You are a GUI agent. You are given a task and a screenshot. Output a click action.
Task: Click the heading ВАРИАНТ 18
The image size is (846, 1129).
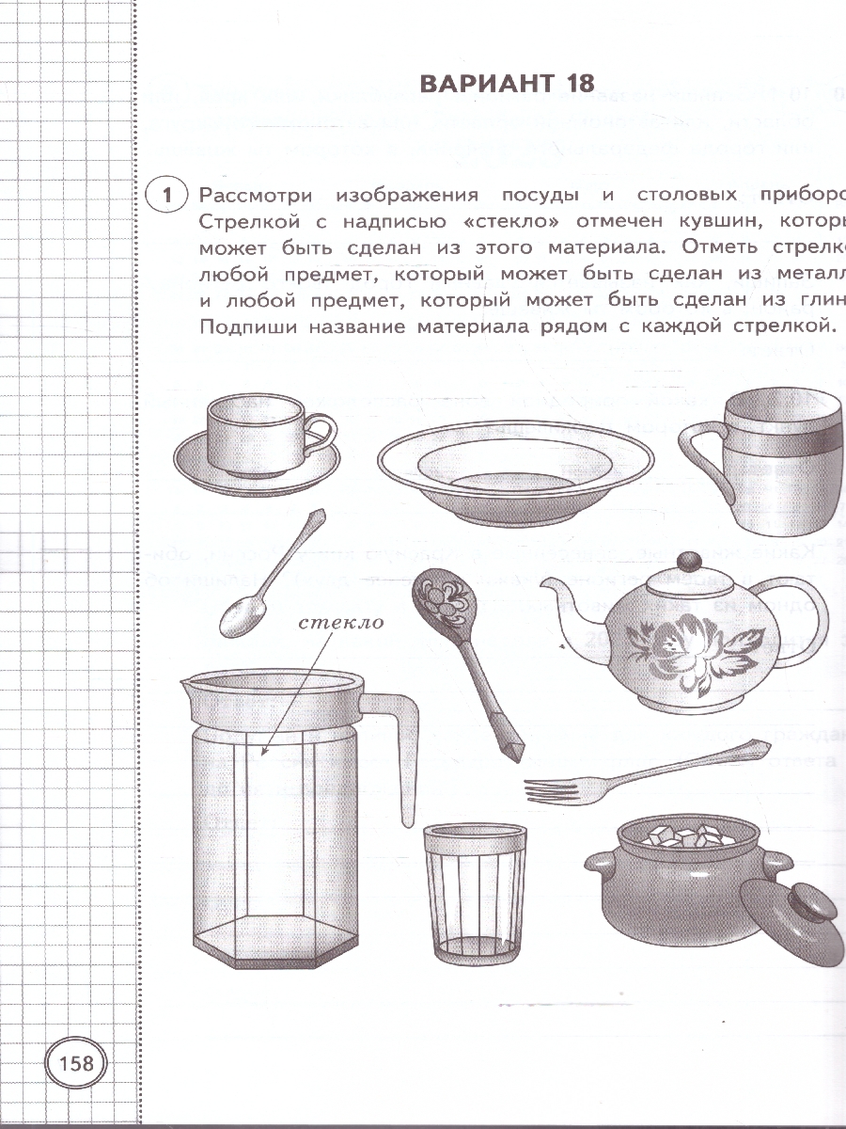click(x=507, y=83)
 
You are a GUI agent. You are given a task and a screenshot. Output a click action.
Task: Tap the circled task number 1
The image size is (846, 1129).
click(x=166, y=196)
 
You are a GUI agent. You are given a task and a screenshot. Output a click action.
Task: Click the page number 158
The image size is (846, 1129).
click(x=76, y=1063)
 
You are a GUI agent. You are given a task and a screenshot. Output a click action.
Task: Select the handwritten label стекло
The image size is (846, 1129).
click(x=343, y=623)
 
